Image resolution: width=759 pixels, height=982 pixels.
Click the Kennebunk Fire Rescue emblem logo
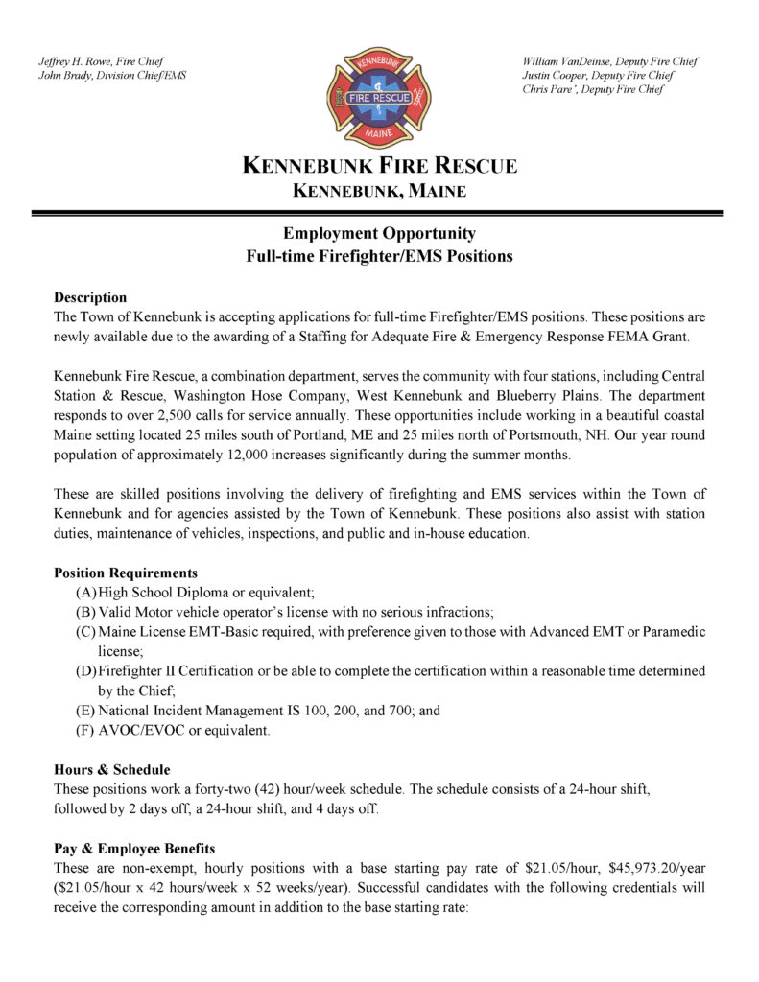pyautogui.click(x=379, y=97)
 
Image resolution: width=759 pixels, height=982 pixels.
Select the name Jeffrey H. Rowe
pyautogui.click(x=73, y=61)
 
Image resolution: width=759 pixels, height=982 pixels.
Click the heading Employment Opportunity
pyautogui.click(x=379, y=233)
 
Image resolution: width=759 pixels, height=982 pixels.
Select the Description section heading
pyautogui.click(x=90, y=297)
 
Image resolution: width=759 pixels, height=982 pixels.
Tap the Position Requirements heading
pyautogui.click(x=126, y=573)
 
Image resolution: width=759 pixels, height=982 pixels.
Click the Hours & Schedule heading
pyautogui.click(x=112, y=769)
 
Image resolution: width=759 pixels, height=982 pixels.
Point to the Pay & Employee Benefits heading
pyautogui.click(x=134, y=848)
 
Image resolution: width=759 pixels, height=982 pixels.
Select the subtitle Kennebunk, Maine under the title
pyautogui.click(x=379, y=191)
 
